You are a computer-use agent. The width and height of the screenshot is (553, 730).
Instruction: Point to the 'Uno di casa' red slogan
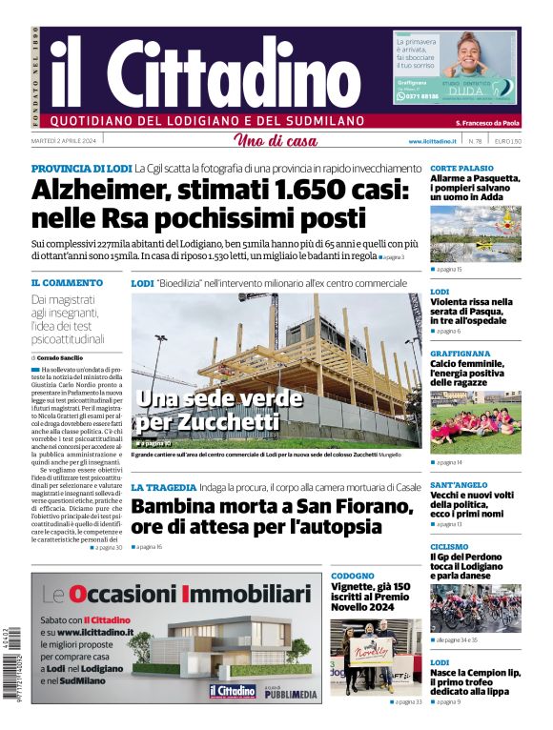[x=276, y=141]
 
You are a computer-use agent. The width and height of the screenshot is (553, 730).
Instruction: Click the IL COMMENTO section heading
[x=67, y=283]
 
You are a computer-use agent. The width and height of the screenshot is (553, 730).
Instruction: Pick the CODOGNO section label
[x=353, y=576]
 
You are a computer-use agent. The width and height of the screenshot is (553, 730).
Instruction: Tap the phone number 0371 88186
[x=419, y=96]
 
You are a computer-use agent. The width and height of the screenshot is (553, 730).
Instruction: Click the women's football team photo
[x=475, y=421]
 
